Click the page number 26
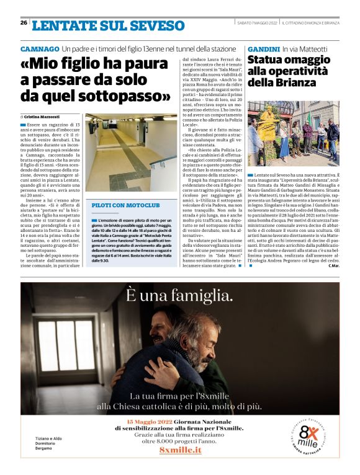click(24, 23)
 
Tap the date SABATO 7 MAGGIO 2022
click(256, 24)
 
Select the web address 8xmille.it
click(180, 449)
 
